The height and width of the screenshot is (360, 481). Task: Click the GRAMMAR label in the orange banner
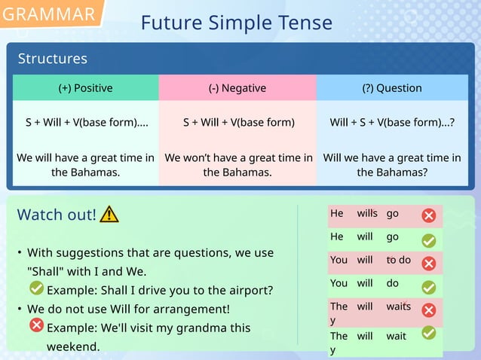click(49, 14)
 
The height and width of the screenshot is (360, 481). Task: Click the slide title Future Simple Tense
click(236, 23)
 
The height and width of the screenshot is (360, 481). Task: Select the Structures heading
click(52, 59)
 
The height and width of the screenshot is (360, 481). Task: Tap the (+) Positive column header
click(85, 88)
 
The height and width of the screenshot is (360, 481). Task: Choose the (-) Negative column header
click(237, 88)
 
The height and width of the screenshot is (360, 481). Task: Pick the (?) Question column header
click(391, 88)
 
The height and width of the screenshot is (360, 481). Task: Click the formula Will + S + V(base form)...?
click(391, 122)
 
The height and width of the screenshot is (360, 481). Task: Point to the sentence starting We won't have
click(237, 165)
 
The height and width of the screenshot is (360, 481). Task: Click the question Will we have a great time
click(391, 165)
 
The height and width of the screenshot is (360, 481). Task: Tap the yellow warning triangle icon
click(109, 215)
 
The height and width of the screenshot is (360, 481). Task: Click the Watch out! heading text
click(57, 215)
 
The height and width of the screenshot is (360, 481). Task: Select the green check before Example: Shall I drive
click(36, 288)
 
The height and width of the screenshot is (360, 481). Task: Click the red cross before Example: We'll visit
click(36, 325)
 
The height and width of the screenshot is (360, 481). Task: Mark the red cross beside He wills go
click(428, 216)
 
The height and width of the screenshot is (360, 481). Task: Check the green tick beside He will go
click(428, 240)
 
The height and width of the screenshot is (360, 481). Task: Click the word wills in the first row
click(367, 214)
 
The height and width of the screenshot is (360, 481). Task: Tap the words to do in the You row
click(398, 260)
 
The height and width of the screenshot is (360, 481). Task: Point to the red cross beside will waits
click(428, 310)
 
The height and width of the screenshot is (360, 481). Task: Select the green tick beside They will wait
click(428, 332)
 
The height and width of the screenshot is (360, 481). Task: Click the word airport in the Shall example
click(249, 290)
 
